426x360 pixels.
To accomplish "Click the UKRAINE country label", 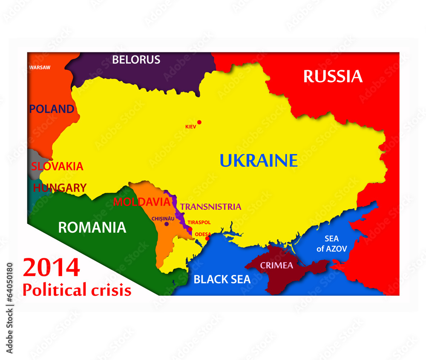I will (x=259, y=160).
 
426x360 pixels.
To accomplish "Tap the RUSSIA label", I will (x=333, y=77).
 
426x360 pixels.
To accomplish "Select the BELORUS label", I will (x=136, y=60).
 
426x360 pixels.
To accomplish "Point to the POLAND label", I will (x=52, y=109).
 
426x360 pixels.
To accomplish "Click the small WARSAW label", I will (x=40, y=67).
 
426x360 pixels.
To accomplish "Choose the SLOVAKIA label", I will (x=57, y=166).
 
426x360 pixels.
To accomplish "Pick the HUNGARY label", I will (x=60, y=188).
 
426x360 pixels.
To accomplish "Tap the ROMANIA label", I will (x=92, y=227).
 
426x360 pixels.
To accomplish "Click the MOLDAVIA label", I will (x=142, y=202).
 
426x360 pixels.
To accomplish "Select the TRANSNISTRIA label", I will (x=210, y=207).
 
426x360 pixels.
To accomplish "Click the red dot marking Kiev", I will (x=199, y=122).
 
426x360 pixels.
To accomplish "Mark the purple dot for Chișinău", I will (x=167, y=224).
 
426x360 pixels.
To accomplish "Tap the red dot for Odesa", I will (x=207, y=238).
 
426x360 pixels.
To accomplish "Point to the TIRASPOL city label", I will (x=199, y=222).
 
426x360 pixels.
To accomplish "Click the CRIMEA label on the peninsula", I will (x=276, y=266).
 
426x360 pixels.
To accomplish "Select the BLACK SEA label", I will (x=222, y=280).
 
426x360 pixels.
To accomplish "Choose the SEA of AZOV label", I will (x=331, y=243).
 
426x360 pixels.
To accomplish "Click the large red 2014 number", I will (x=51, y=268).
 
